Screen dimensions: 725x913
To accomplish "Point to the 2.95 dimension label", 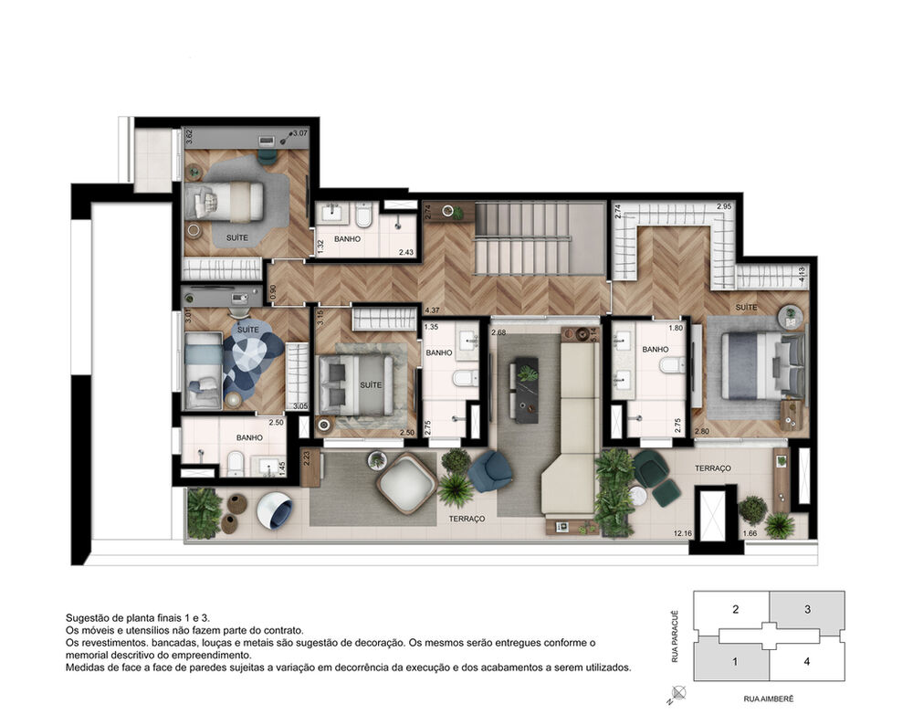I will tap(725, 207).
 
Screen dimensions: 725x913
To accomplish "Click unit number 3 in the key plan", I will tap(807, 609).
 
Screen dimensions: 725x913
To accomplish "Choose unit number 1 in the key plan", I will tap(734, 661).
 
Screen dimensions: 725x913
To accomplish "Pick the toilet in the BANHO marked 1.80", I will tap(671, 366).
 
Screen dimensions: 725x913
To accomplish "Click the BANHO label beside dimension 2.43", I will tap(347, 239).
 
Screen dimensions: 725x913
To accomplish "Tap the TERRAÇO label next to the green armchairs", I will tap(712, 468).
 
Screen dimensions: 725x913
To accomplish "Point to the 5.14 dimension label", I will tap(593, 335).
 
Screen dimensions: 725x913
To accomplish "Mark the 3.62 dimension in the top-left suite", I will tap(189, 138).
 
